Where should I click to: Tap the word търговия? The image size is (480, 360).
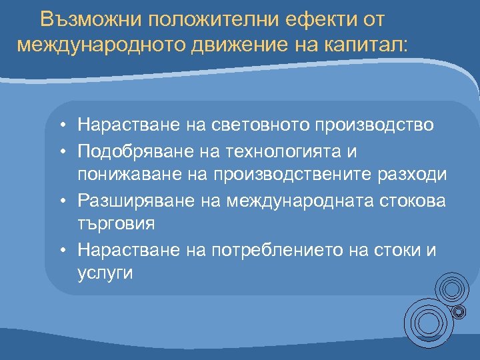[116, 224]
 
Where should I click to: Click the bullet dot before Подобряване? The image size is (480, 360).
[60, 153]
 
